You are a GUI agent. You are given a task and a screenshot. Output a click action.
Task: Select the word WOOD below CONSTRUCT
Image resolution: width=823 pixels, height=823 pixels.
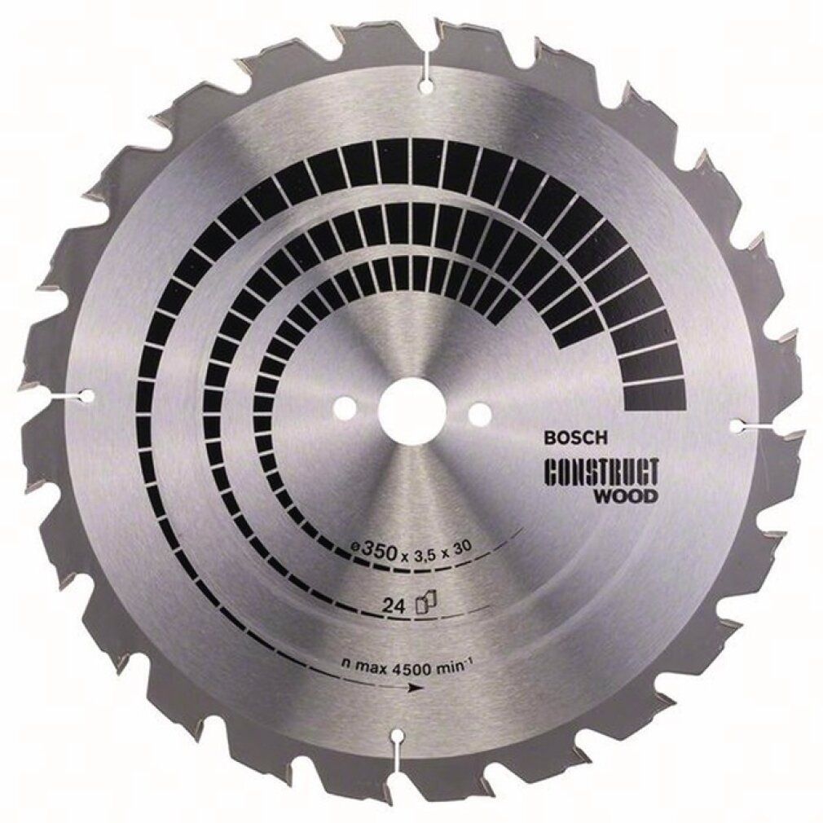coord(632,496)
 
